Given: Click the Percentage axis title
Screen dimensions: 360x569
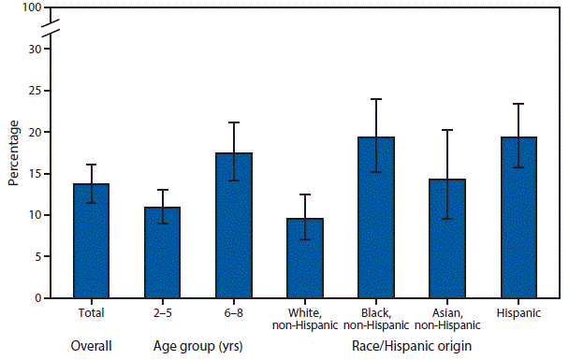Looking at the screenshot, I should point(13,152).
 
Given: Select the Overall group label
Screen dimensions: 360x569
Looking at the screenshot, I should point(92,346).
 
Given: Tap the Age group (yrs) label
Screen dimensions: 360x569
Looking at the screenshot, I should point(198,346).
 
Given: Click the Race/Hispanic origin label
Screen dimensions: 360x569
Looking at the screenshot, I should point(412,346).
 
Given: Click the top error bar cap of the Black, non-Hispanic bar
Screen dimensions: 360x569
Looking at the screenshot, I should point(376,99).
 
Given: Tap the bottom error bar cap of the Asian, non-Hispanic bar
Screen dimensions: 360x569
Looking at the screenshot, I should point(447,218).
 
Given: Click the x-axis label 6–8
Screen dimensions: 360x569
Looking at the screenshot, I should point(234,313).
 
